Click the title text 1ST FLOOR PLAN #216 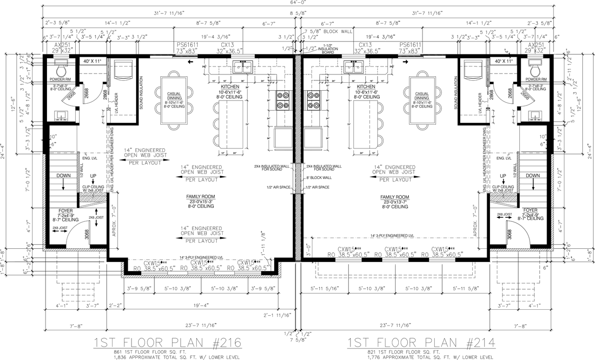(168, 343)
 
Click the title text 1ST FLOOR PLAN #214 (421, 343)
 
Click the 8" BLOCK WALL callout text (318, 178)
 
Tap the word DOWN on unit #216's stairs (64, 175)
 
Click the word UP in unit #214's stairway (503, 175)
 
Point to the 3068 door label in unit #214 (509, 234)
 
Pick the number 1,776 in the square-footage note (375, 357)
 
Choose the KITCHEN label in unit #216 (230, 87)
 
